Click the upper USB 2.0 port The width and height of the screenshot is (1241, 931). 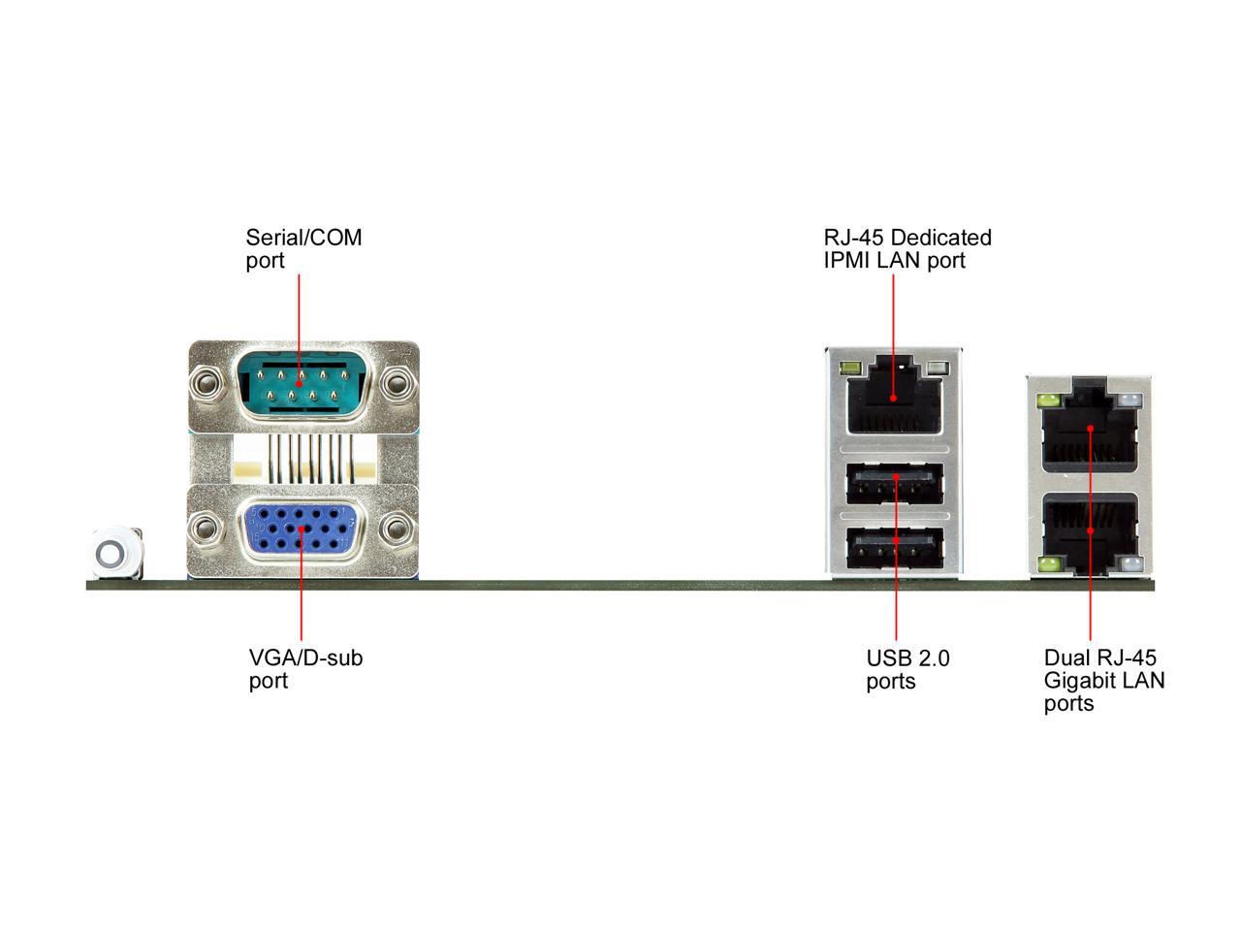tap(895, 484)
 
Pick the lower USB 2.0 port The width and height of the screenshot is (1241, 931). tap(895, 548)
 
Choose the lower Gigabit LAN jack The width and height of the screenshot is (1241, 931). tap(1090, 531)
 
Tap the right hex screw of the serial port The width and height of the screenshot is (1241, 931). tap(396, 384)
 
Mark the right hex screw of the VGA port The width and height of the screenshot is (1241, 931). tap(396, 530)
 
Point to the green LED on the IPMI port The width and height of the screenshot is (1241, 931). tap(851, 369)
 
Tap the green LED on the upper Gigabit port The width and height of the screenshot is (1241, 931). tap(1047, 401)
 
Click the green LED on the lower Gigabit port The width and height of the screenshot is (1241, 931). tap(1047, 564)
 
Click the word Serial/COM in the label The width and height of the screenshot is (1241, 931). tap(303, 238)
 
